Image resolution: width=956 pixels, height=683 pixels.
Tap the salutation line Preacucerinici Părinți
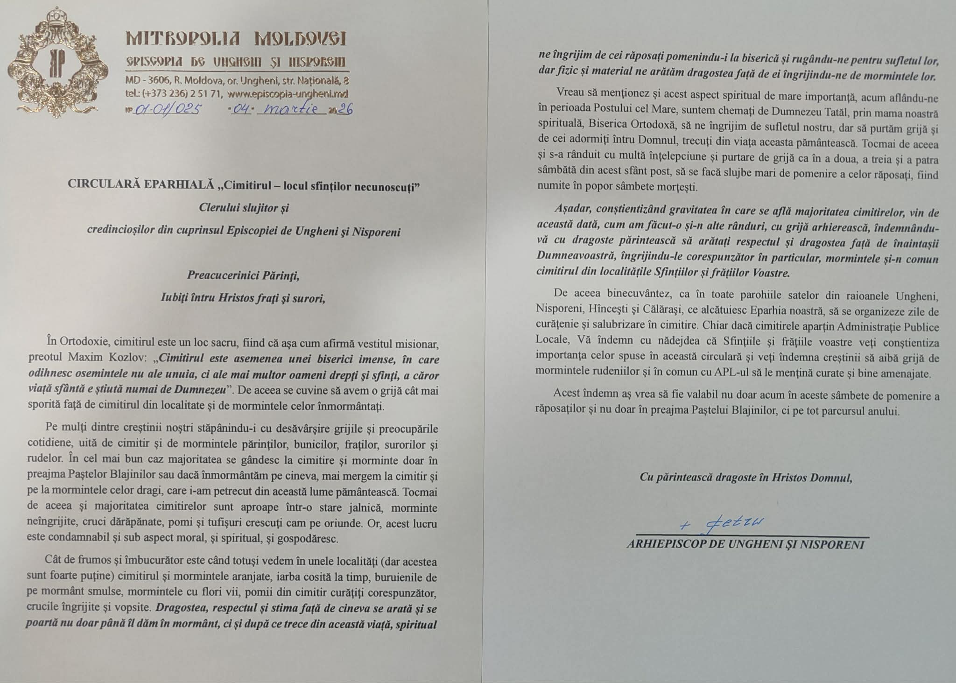coord(243,275)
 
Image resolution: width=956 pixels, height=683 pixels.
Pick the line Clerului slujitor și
coord(244,208)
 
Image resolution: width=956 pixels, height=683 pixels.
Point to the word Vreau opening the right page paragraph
coord(569,98)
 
